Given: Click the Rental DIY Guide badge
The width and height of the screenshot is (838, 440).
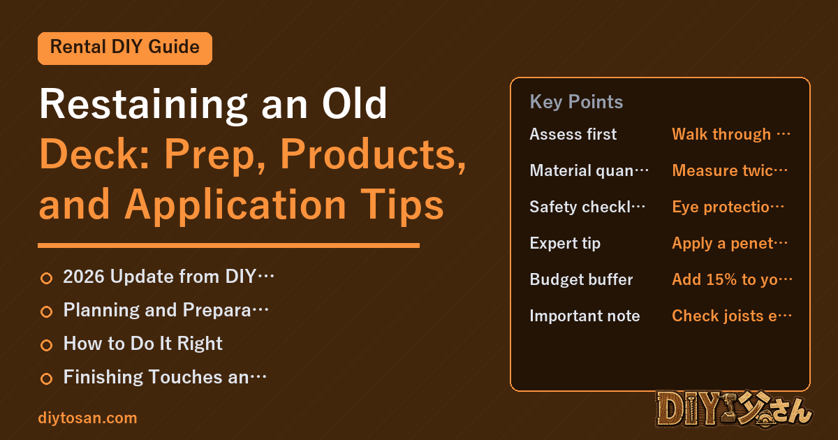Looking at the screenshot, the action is point(125,48).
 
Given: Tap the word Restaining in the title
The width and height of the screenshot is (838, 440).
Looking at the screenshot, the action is point(143,105).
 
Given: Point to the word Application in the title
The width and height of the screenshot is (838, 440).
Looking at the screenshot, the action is point(235,205).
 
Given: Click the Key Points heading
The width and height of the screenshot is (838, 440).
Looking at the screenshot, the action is point(576,102).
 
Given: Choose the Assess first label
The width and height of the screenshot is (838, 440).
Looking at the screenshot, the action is point(573,134).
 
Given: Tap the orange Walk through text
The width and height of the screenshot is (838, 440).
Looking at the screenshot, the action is point(731,134).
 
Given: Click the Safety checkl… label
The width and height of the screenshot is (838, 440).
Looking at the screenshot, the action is point(587,207).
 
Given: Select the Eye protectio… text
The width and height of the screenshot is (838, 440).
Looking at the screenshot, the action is point(728,207).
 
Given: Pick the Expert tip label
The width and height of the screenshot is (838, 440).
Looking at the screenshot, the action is point(565,244).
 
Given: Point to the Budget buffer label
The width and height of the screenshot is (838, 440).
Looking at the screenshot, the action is point(581,279).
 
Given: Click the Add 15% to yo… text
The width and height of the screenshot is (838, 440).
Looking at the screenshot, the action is point(732,279).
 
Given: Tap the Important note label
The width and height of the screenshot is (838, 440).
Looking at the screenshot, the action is point(585,316).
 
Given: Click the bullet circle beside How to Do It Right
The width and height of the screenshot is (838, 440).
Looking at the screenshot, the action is point(46,345).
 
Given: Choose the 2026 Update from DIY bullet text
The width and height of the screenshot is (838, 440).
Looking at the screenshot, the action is point(168,277).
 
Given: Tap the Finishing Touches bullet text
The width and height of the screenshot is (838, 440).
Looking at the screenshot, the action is point(165,376).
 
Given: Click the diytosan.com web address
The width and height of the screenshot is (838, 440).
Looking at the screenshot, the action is point(87,418).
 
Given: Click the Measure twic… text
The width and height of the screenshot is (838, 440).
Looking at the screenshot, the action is point(730,170).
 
